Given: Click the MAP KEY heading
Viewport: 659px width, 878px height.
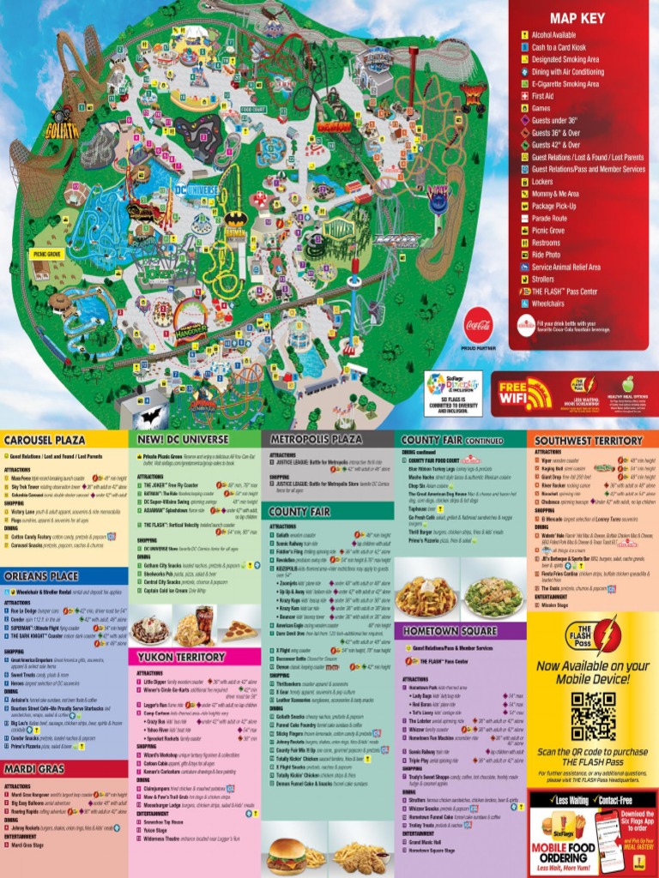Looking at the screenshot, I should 577,18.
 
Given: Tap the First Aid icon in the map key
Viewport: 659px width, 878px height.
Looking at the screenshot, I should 524,97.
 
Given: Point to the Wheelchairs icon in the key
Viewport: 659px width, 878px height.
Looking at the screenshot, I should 524,303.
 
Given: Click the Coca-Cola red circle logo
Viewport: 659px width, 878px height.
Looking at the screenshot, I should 478,327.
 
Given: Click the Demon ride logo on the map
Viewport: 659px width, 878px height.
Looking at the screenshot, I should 334,125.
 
